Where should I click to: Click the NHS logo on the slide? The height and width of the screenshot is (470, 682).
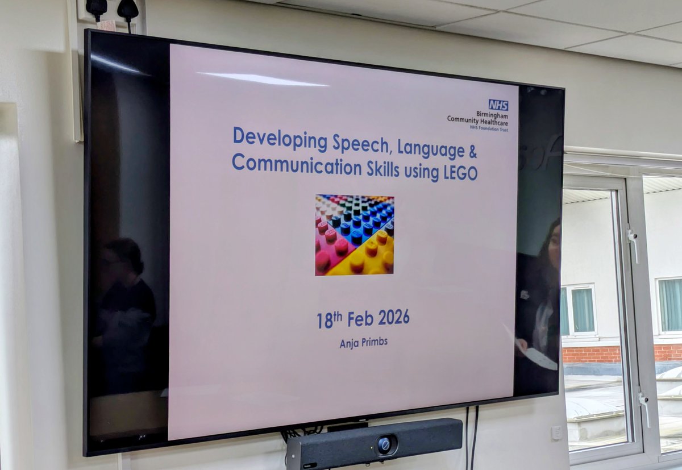(x=498, y=105)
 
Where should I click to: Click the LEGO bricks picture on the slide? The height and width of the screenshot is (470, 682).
(x=355, y=235)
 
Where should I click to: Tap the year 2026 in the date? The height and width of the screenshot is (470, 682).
(x=393, y=319)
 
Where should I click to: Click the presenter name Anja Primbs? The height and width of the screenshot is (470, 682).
(x=363, y=343)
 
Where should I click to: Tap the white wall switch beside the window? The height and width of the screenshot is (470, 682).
(x=556, y=432)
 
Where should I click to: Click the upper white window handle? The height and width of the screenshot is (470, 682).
(x=632, y=243)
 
